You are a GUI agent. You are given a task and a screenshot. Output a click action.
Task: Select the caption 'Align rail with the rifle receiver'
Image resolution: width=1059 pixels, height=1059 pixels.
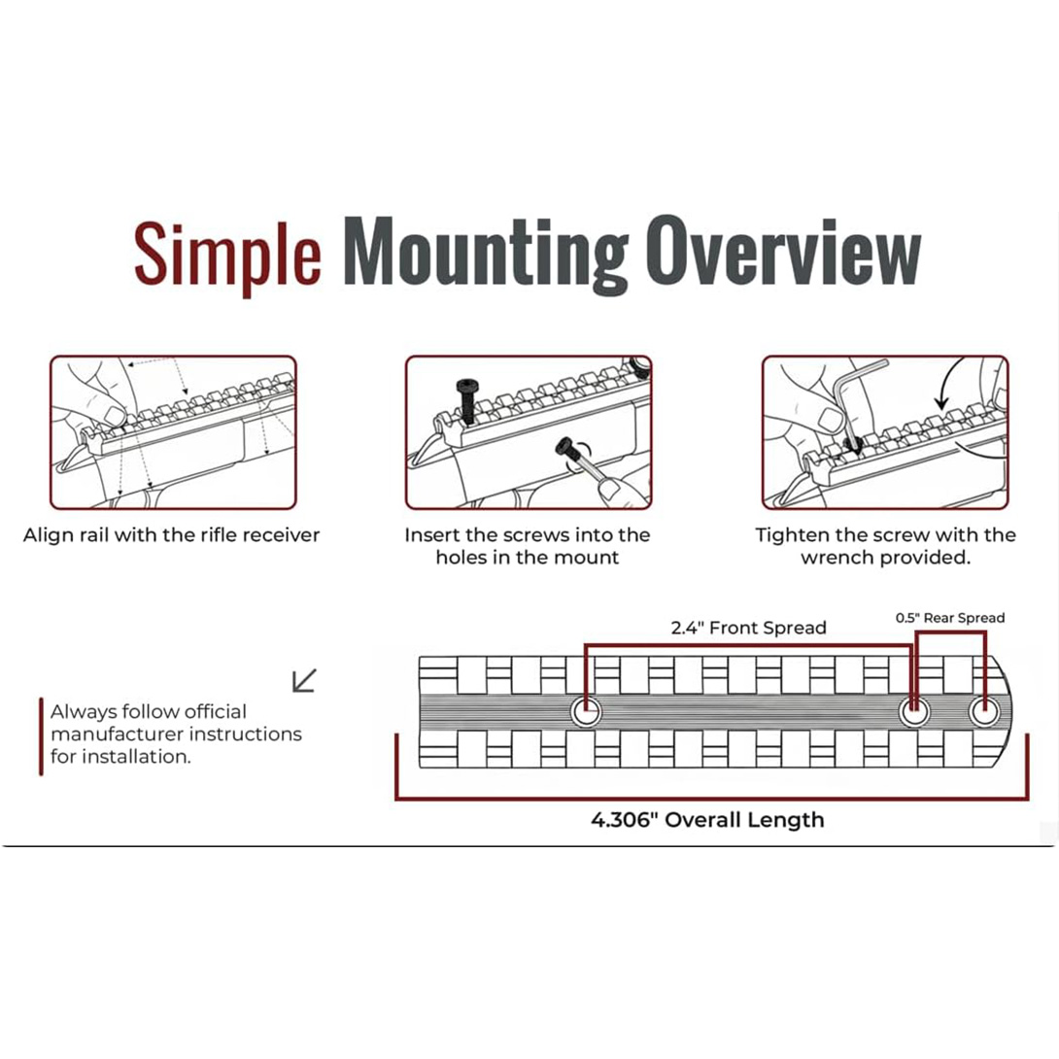[172, 535]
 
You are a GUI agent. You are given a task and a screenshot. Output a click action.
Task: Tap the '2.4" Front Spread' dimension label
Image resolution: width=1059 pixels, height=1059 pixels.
[748, 628]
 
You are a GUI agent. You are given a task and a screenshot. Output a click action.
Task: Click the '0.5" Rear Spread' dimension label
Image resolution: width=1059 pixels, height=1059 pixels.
[949, 618]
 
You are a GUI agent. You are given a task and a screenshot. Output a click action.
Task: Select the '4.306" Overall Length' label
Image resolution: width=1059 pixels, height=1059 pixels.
[707, 819]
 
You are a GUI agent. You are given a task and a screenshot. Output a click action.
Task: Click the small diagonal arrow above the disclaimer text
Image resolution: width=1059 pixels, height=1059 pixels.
[304, 680]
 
